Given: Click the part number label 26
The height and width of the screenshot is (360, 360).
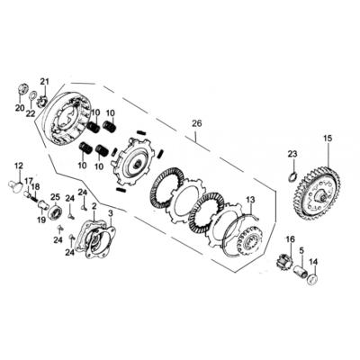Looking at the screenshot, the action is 197,123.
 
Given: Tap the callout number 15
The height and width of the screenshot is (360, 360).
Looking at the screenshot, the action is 328,139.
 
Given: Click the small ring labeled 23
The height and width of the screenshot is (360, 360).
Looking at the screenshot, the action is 292,176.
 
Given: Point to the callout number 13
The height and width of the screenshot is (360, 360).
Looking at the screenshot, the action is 250,199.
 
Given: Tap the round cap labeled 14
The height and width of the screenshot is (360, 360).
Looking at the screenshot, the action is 312,279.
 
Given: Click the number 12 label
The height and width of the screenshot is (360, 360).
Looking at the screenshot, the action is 19,166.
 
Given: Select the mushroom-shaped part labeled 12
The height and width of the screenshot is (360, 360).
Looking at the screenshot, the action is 15,186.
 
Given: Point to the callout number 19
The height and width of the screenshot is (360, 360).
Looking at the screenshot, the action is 41,220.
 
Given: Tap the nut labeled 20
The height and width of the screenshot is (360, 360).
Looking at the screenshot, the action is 22,88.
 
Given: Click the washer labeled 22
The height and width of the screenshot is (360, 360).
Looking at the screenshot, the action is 32,97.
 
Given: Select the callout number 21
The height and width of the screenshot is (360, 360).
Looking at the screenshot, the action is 44,81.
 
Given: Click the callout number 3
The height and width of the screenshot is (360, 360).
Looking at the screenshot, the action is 111,213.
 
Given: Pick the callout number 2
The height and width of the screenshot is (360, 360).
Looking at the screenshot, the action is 94,206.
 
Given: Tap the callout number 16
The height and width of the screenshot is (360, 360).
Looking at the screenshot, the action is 291,239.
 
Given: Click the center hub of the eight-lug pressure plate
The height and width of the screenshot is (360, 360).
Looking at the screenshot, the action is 138,164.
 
